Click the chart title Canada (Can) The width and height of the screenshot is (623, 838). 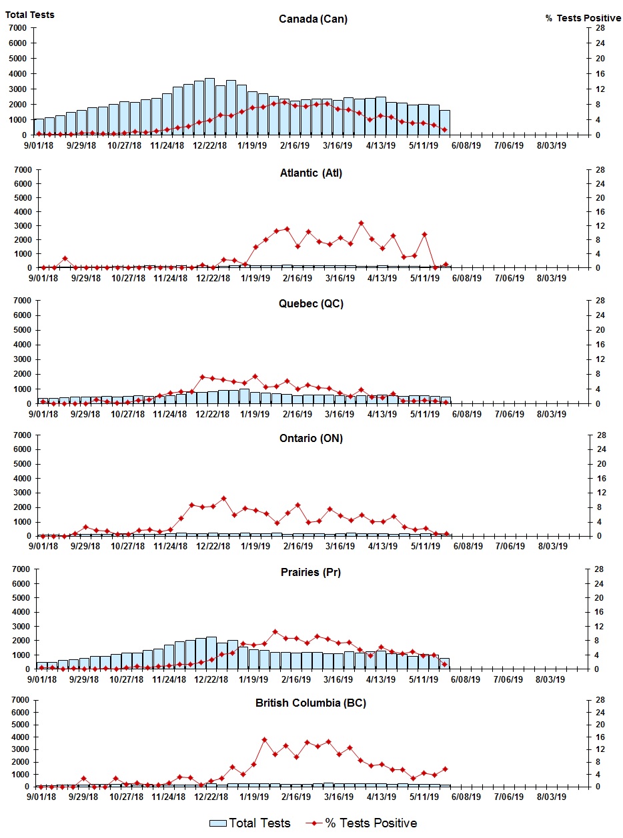click(x=313, y=19)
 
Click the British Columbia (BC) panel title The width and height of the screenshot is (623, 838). click(x=311, y=703)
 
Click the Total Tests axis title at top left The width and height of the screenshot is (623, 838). click(x=30, y=14)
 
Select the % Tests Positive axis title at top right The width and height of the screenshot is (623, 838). click(x=583, y=18)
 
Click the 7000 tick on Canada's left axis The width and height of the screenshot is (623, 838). click(x=17, y=28)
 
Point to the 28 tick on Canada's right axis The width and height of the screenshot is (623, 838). click(x=600, y=28)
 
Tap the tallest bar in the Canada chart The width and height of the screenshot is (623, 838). click(x=209, y=107)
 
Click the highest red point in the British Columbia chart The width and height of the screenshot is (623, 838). click(x=264, y=739)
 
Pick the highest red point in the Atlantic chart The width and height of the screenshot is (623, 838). click(x=361, y=223)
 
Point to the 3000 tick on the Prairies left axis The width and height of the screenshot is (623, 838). click(x=17, y=627)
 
